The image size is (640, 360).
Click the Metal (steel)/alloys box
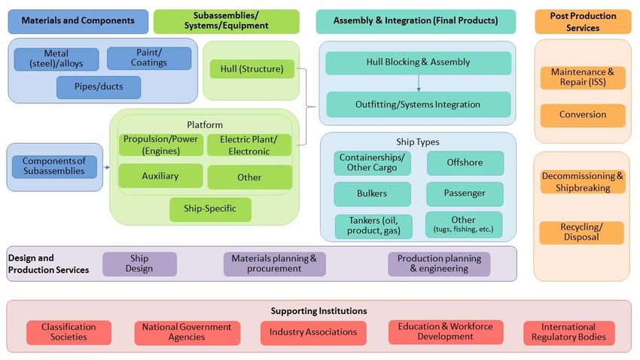tap(56, 59)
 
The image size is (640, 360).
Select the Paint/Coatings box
tap(149, 58)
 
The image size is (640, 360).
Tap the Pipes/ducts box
tap(99, 87)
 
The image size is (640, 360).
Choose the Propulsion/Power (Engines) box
tap(160, 145)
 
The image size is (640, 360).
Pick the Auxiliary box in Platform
tap(160, 175)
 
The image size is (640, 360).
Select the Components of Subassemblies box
tap(54, 166)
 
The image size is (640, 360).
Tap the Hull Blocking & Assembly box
tap(418, 63)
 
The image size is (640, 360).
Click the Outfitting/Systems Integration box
tap(418, 105)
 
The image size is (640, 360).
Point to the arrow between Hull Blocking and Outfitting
tap(418, 83)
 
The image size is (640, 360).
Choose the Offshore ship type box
tap(465, 163)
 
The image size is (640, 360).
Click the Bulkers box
tap(372, 194)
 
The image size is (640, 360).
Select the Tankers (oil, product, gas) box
tap(372, 226)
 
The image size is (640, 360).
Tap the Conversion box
tap(583, 115)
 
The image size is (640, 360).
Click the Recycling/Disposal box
tap(581, 232)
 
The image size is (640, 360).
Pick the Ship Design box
tap(139, 264)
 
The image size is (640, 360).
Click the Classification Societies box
tap(69, 332)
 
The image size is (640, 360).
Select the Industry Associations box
tap(313, 332)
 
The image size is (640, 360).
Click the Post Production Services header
tap(583, 22)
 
